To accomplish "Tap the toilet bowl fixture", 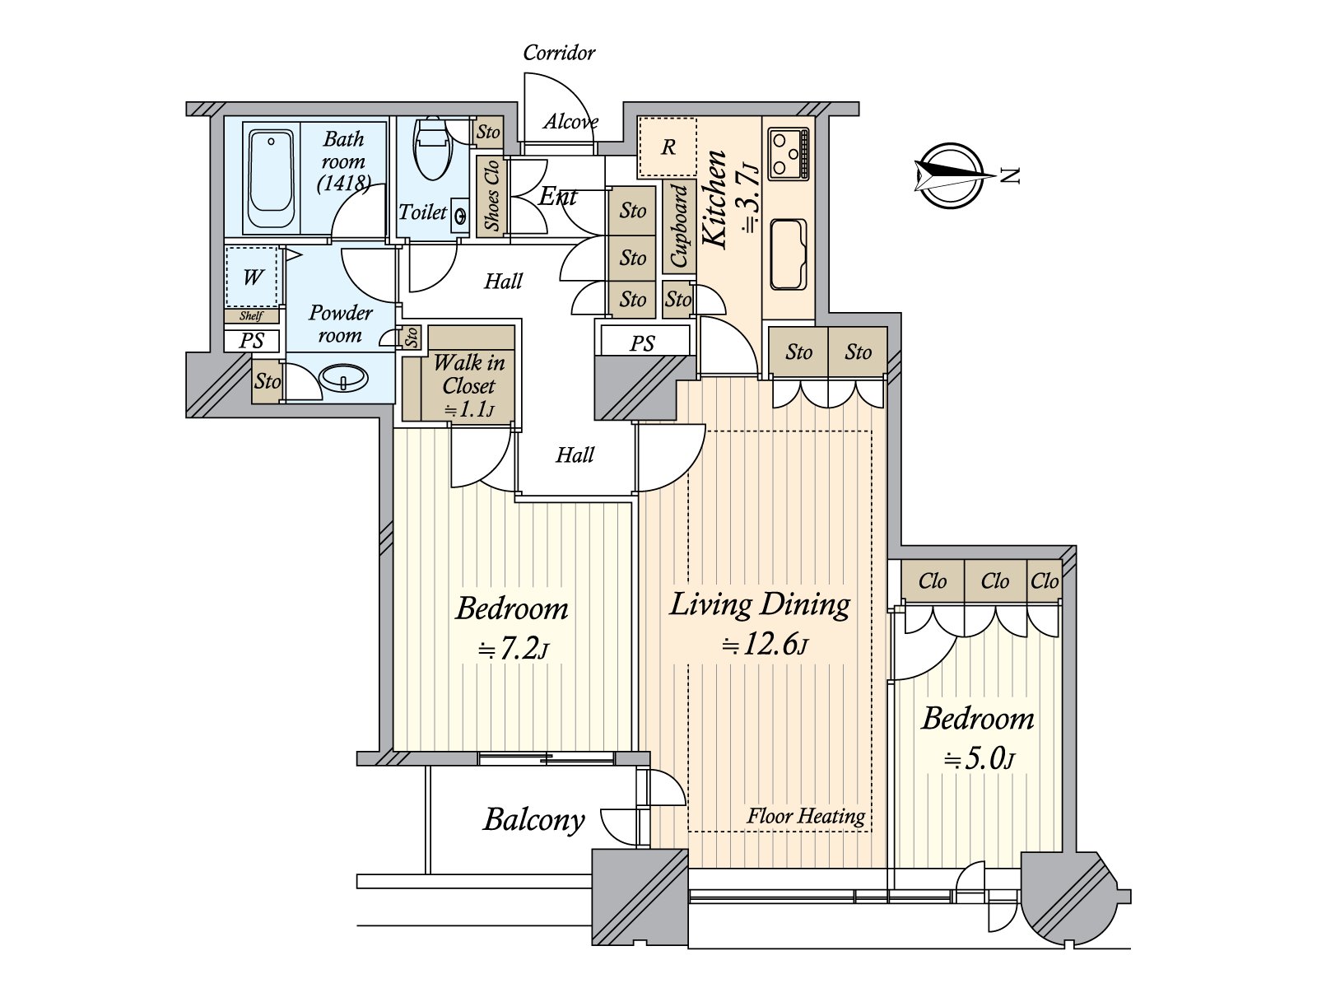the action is tap(432, 148).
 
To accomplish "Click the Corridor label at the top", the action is tap(559, 53).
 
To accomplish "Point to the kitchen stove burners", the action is tap(789, 153).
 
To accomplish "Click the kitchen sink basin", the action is tap(789, 254).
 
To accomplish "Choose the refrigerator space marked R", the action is tap(668, 147).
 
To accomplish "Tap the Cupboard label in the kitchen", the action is tap(678, 226).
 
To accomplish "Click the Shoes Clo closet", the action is tap(492, 196).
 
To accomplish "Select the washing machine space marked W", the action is tap(254, 277).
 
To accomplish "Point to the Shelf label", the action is tap(251, 315).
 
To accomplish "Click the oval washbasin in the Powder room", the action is tap(344, 379).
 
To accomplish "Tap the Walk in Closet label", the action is tap(468, 374).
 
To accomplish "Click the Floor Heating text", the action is tap(806, 816).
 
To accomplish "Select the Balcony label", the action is tap(534, 820).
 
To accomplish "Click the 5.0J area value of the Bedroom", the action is tap(979, 760).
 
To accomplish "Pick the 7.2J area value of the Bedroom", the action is tap(513, 650).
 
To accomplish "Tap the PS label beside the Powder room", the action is tap(251, 341).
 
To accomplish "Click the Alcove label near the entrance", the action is tap(570, 122).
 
